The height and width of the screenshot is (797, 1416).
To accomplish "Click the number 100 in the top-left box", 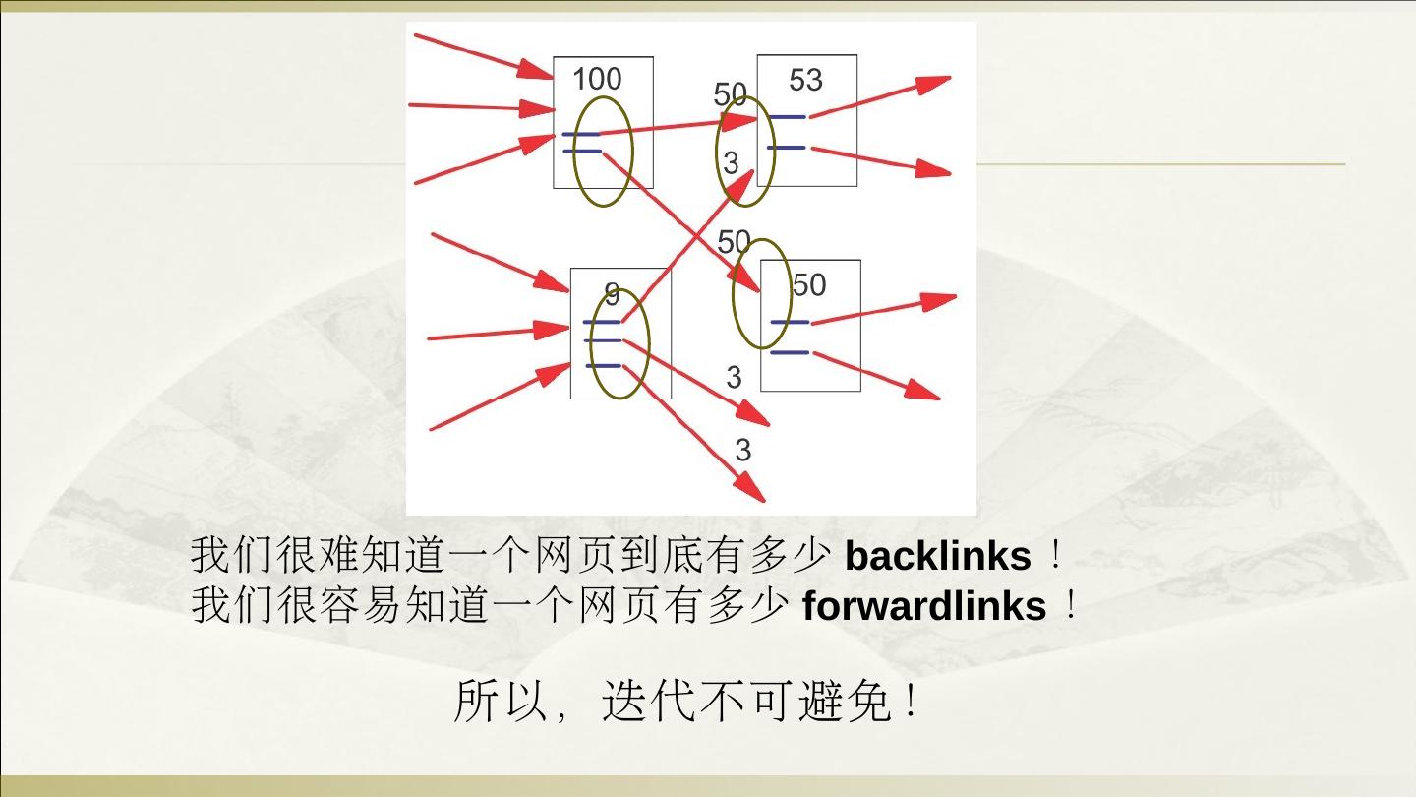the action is click(597, 79).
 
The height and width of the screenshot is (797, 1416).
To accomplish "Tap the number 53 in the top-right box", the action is click(805, 80).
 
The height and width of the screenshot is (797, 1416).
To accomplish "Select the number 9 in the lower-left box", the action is click(612, 293).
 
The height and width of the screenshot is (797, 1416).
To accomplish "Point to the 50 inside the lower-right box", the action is click(808, 285).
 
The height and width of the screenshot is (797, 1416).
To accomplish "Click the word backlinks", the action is click(937, 557).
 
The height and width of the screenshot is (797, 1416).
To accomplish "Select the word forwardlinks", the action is click(924, 606).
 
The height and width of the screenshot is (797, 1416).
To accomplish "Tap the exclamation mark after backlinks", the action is click(1055, 557).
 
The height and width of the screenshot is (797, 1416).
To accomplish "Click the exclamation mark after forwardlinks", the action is click(1071, 606).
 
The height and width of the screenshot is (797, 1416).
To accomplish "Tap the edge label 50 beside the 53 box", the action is click(730, 94).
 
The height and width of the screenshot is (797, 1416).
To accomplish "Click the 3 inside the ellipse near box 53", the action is click(731, 163).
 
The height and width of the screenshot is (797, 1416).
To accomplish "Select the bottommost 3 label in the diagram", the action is click(742, 450).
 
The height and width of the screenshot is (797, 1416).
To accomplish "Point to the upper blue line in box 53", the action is click(788, 117).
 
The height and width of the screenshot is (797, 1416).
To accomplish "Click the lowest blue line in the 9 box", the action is click(604, 366).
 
